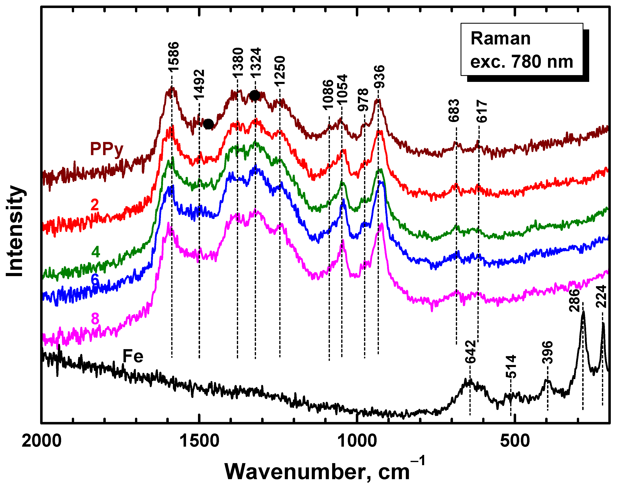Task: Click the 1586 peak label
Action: [173, 56]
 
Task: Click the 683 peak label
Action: [454, 110]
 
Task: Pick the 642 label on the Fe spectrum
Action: [470, 352]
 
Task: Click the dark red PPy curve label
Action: [107, 149]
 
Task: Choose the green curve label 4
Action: [95, 252]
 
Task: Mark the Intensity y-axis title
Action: [15, 231]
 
